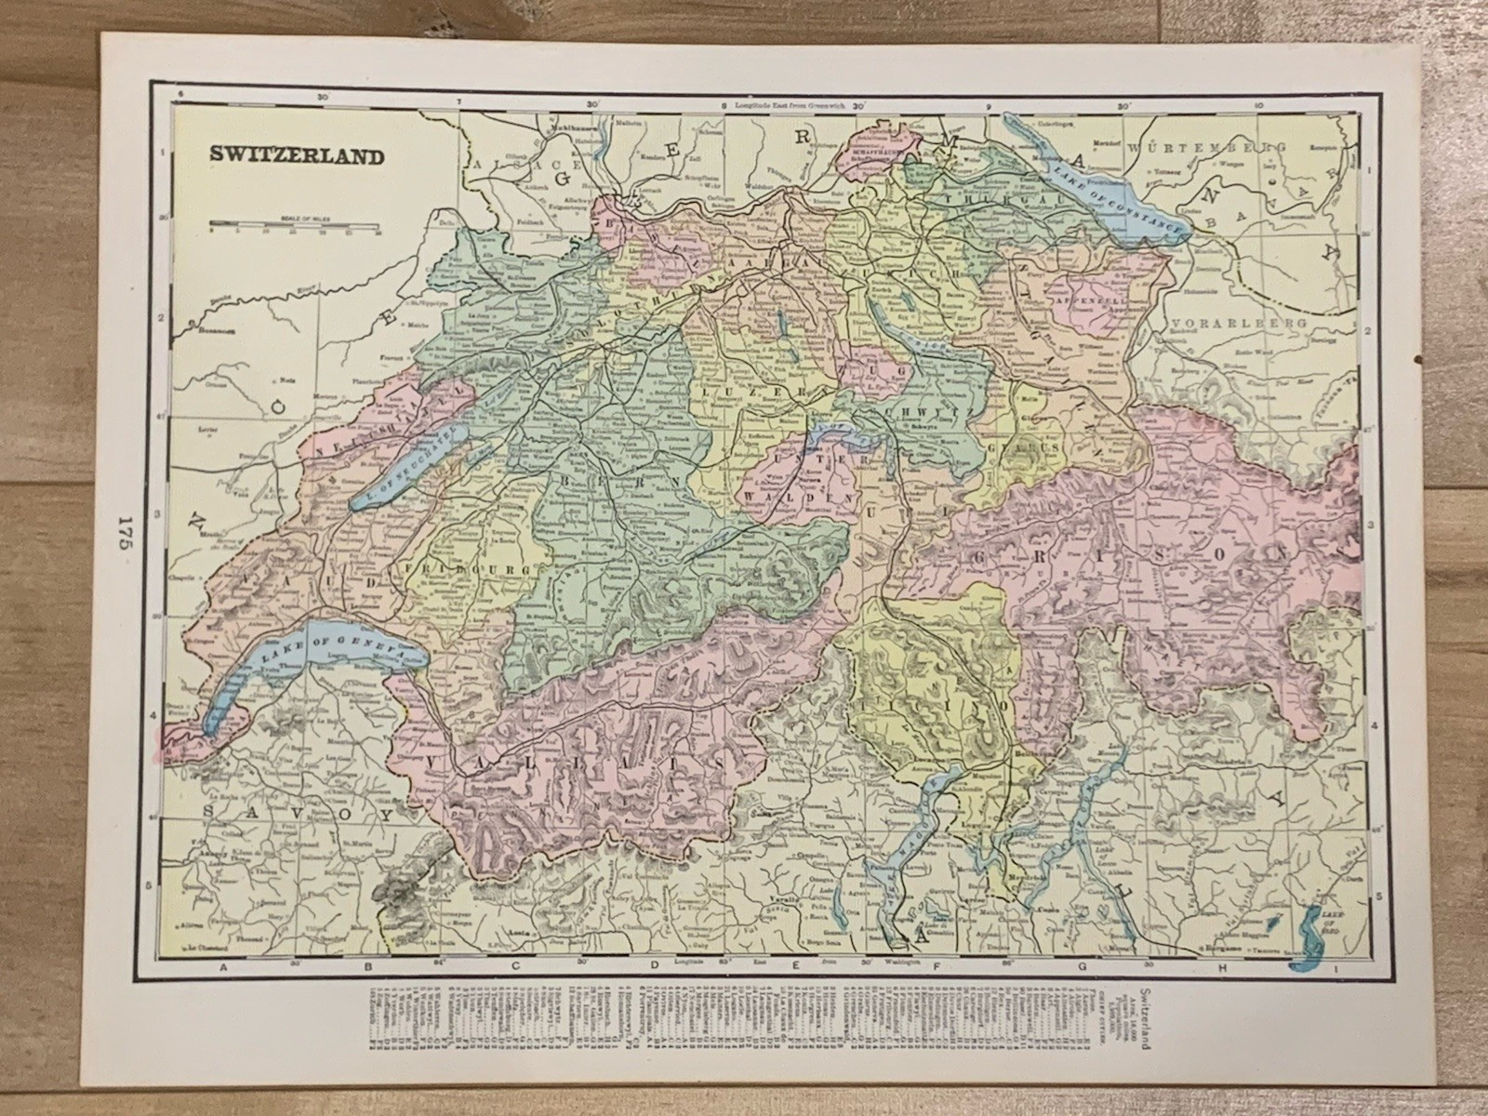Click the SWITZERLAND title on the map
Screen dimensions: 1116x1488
click(295, 155)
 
